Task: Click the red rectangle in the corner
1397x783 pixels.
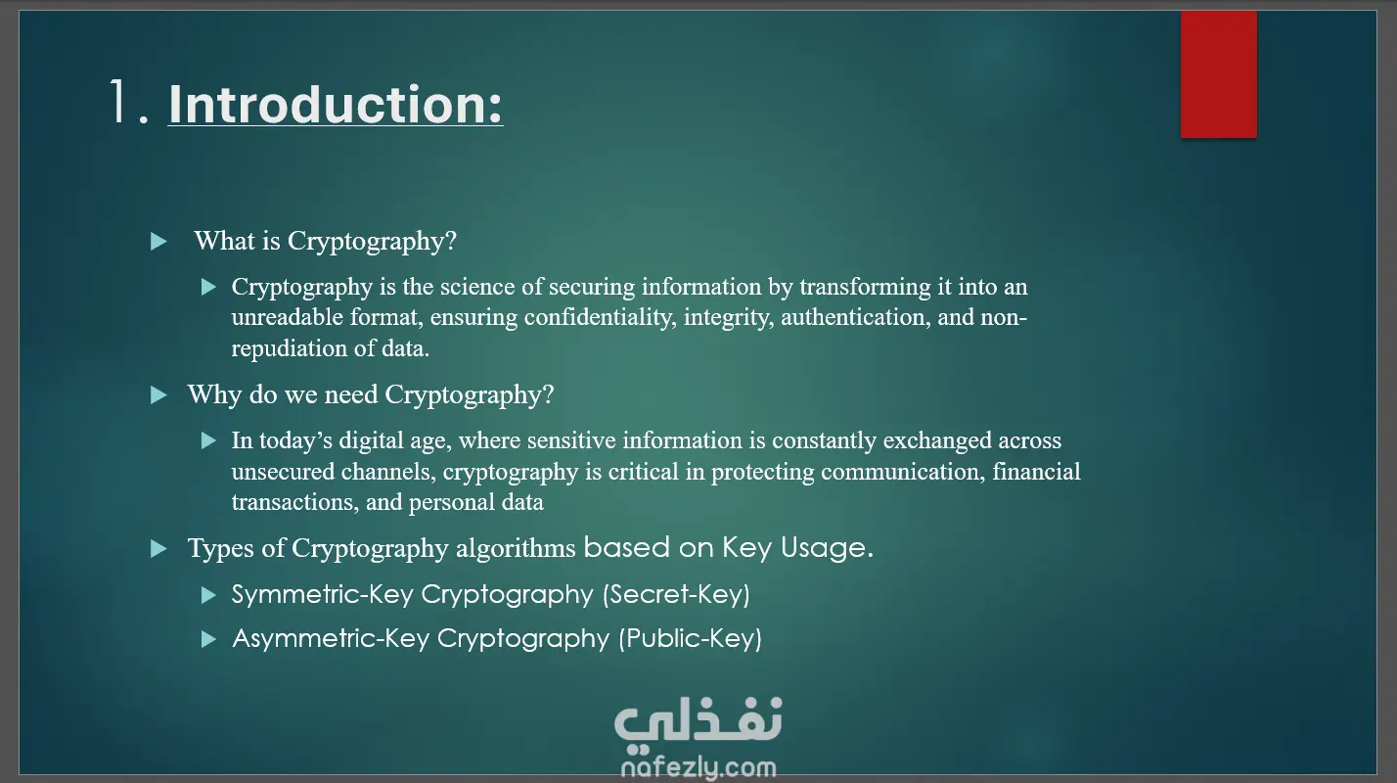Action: (x=1219, y=73)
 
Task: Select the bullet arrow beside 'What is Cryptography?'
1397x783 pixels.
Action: (x=159, y=242)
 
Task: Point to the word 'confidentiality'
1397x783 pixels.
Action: (x=600, y=317)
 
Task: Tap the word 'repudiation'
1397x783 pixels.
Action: (x=290, y=348)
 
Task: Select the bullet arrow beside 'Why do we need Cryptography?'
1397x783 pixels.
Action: (x=159, y=395)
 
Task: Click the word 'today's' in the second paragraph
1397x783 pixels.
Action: (x=295, y=440)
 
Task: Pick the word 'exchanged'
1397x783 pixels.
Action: (x=937, y=440)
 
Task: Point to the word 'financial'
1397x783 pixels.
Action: (x=1036, y=471)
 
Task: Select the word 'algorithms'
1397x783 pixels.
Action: (x=516, y=548)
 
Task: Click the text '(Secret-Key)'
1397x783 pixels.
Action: (x=676, y=594)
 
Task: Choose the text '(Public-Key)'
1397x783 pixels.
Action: (x=691, y=638)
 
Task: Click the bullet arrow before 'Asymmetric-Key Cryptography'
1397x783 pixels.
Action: (x=209, y=639)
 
